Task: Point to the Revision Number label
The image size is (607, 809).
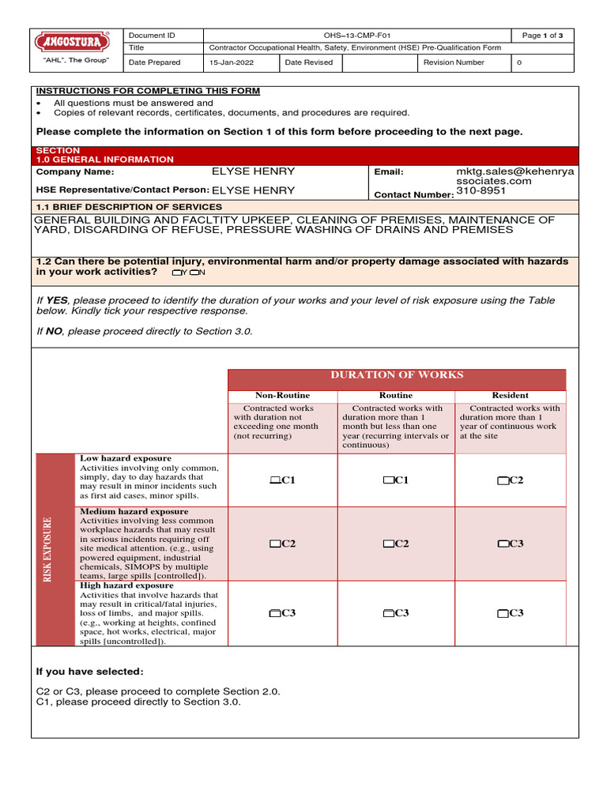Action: point(454,62)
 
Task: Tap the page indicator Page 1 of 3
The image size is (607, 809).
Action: point(542,36)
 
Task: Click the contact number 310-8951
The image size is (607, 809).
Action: point(481,190)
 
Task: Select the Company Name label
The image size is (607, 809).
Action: point(75,171)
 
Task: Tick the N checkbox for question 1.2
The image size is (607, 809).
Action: point(194,273)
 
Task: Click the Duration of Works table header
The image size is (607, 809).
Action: point(396,375)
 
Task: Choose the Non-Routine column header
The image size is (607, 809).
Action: point(282,395)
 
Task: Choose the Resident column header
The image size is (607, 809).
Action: point(510,395)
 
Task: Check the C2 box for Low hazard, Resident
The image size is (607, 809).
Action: point(503,480)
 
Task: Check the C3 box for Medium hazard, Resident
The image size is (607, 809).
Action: point(503,544)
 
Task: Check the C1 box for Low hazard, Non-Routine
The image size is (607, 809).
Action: point(274,480)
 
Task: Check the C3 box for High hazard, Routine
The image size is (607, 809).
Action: point(388,613)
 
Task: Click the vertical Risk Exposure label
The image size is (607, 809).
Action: point(48,550)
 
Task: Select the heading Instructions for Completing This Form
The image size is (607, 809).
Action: point(148,91)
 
